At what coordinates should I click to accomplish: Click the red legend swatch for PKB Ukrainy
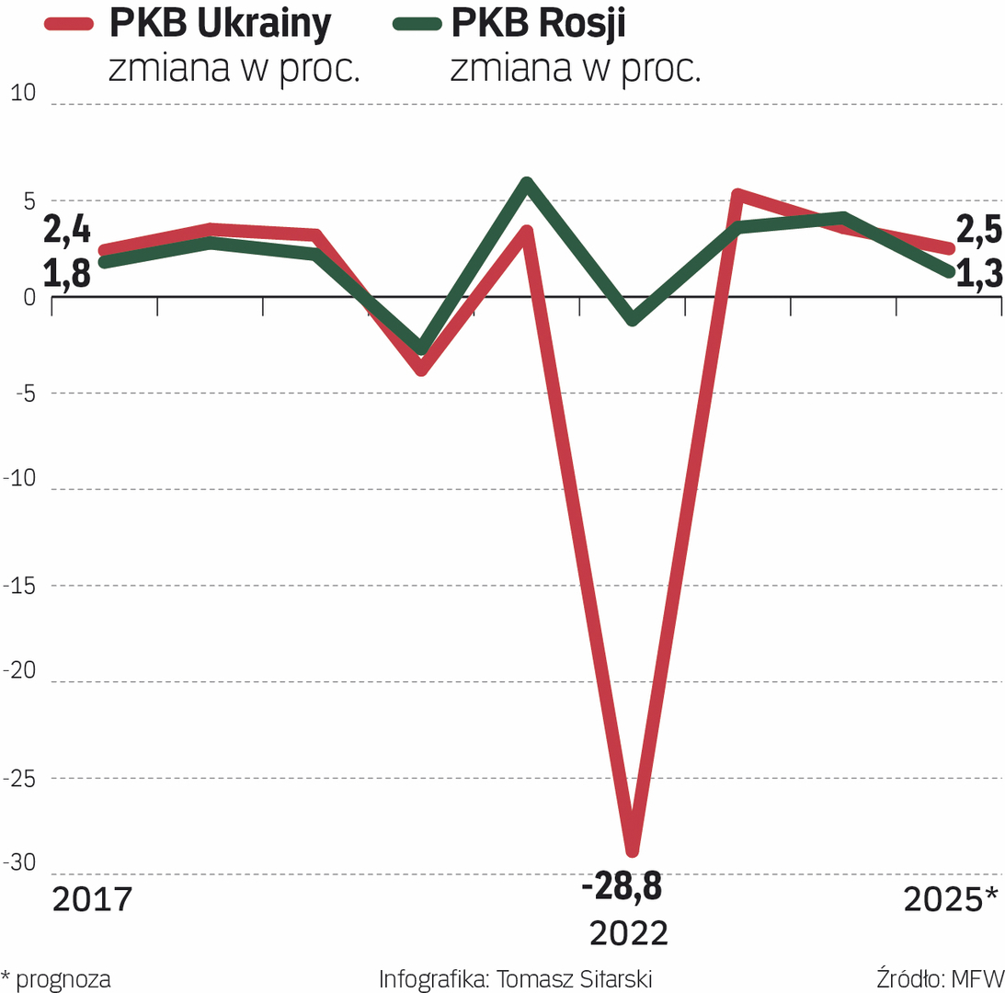[x=70, y=25]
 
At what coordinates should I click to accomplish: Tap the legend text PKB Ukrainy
[x=220, y=24]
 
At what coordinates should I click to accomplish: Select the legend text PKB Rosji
[x=539, y=24]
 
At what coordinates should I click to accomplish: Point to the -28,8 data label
[x=622, y=889]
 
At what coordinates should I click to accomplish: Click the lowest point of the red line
[x=632, y=851]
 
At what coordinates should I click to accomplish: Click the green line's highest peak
[x=527, y=183]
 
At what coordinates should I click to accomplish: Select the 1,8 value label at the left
[x=67, y=273]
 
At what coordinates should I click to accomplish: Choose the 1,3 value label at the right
[x=978, y=275]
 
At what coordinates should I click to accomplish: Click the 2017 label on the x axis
[x=92, y=899]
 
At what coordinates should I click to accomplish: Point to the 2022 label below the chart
[x=629, y=933]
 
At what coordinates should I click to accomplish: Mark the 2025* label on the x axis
[x=951, y=899]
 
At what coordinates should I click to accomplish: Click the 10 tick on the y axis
[x=21, y=93]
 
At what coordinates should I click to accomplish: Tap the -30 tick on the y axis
[x=21, y=863]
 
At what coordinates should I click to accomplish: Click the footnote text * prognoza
[x=56, y=979]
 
